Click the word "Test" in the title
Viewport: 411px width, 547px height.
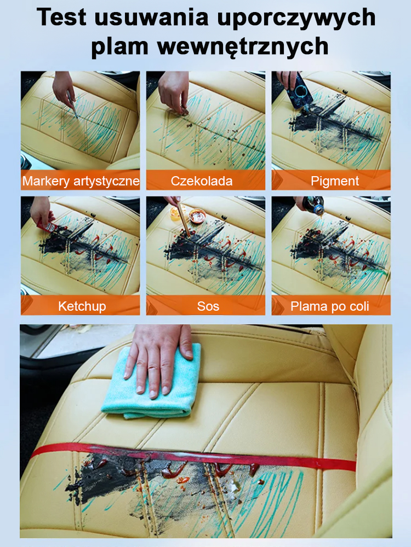61,17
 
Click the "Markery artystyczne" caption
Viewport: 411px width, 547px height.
81,181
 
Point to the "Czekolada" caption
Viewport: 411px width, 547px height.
202,181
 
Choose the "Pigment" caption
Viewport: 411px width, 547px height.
335,181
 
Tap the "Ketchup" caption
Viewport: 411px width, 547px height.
82,306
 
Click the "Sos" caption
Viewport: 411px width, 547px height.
208,306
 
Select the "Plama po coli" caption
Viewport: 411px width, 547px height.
329,306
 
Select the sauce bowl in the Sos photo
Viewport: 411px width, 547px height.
197,216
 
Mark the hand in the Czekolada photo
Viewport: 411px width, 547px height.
174,91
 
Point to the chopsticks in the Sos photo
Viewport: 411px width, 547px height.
184,220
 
